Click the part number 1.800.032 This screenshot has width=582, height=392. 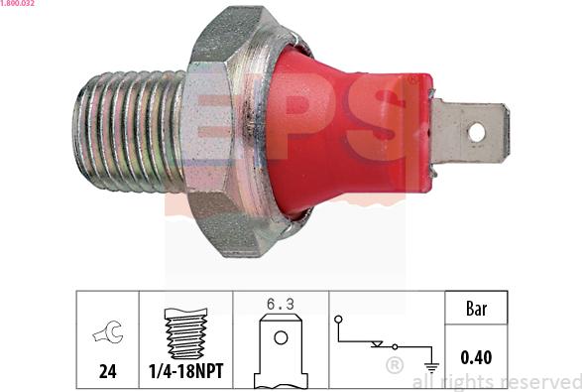point(19,4)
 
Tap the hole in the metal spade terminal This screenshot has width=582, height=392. point(476,130)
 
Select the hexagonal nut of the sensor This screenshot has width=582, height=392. point(228,129)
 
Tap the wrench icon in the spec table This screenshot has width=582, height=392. point(107,333)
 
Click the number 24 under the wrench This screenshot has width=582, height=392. point(107,372)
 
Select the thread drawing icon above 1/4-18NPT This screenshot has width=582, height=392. point(184,332)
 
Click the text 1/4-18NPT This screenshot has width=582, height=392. point(185,372)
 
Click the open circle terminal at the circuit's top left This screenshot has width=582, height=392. point(338,320)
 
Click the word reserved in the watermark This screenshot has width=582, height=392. point(536,381)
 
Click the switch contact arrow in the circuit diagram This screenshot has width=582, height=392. point(377,344)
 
